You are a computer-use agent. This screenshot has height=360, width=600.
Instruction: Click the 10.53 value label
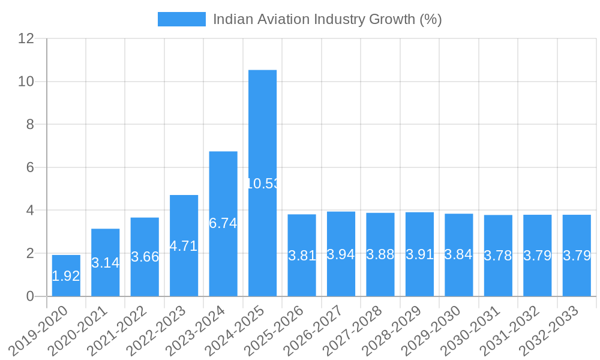tap(263, 184)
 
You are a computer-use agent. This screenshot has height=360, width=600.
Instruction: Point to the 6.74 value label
tap(223, 223)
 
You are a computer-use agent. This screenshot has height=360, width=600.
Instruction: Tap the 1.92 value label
tap(66, 276)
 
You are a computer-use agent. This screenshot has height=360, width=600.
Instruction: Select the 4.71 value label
tap(184, 246)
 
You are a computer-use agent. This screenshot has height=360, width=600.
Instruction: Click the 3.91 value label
tap(419, 254)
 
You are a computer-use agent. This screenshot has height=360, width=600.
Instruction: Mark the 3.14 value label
tap(106, 263)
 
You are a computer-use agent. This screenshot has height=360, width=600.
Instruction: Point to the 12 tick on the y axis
tap(26, 38)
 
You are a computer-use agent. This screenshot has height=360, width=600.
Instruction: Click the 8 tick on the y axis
tap(29, 124)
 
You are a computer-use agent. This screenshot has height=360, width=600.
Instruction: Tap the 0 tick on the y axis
tap(29, 296)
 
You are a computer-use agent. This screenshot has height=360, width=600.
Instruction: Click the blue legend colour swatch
tap(181, 19)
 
